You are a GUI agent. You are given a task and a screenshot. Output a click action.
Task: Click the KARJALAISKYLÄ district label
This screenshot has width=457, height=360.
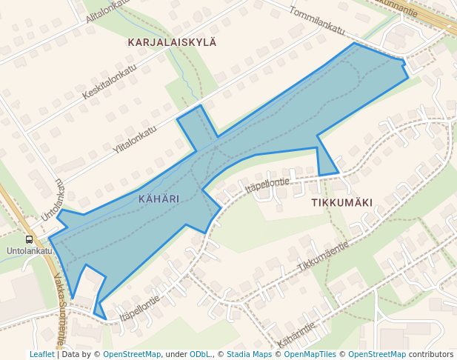172,42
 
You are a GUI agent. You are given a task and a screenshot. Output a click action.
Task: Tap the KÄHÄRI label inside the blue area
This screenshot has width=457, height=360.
159,199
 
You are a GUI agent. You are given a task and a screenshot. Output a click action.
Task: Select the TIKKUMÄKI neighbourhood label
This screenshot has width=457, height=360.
341,201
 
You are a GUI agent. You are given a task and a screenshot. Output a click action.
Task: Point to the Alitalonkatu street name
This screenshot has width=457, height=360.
108,10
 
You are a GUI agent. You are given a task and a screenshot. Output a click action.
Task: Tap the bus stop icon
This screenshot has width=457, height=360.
29,239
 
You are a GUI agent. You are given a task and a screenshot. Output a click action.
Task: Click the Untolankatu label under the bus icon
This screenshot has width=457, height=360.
30,251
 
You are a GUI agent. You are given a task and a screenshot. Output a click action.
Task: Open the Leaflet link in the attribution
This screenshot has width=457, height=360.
41,354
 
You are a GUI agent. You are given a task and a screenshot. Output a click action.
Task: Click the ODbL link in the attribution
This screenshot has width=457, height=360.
201,354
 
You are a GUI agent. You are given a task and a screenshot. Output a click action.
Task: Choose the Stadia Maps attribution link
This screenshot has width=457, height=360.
249,354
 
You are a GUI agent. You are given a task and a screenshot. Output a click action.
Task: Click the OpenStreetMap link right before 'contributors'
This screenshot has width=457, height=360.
376,354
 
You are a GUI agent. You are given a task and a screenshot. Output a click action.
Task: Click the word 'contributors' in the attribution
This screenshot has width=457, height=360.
431,354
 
